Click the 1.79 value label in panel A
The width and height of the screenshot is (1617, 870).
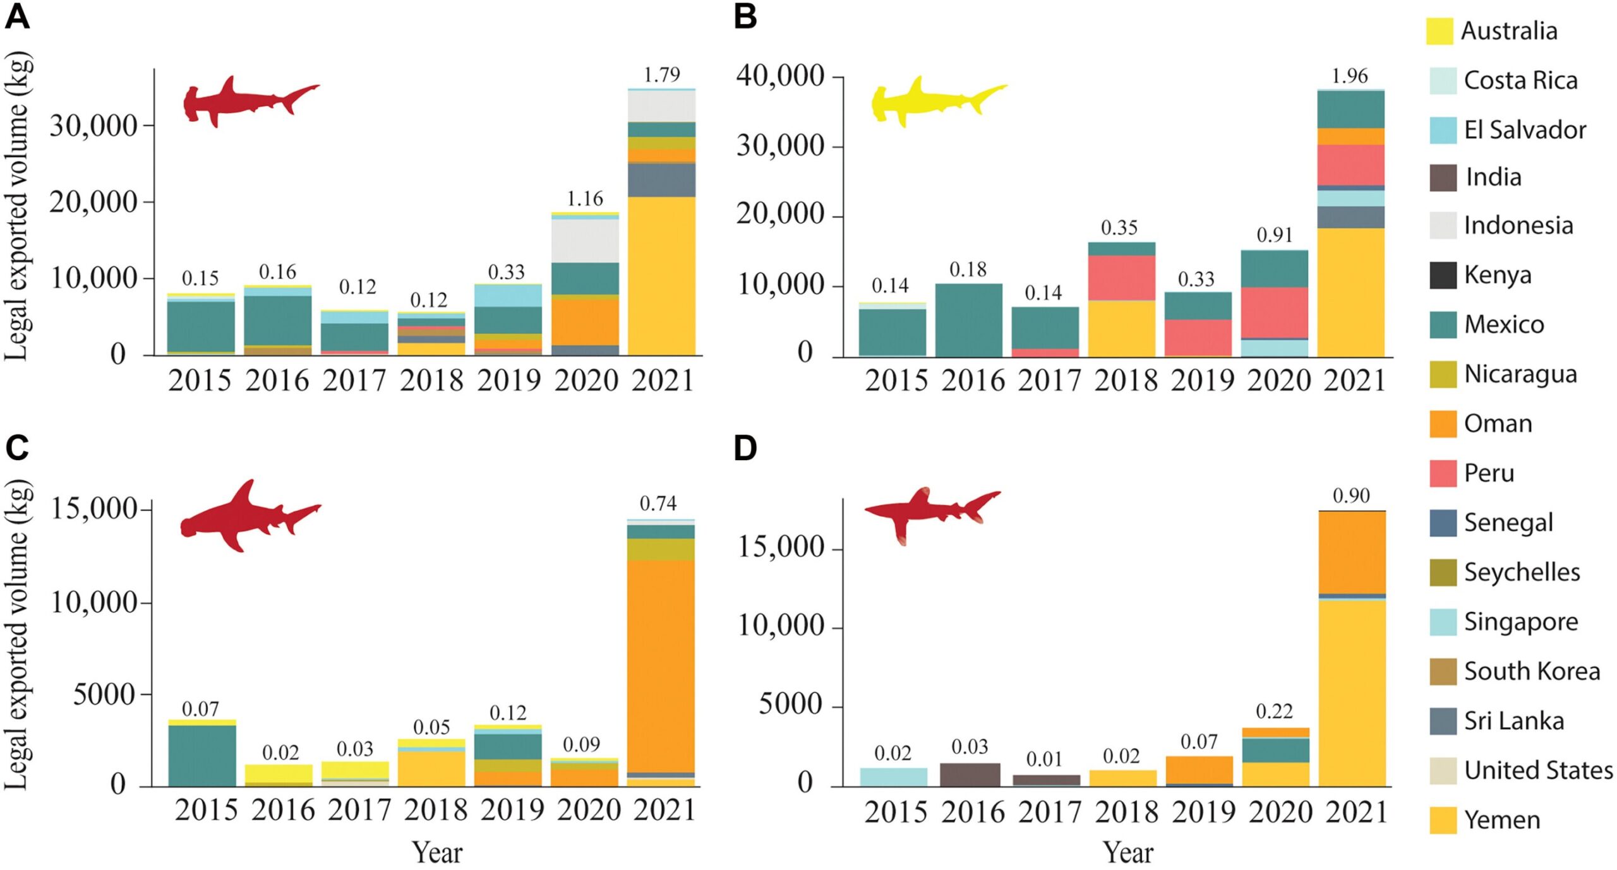coord(661,75)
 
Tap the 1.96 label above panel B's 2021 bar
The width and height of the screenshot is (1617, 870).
coord(1350,76)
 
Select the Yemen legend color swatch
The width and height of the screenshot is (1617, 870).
coord(1443,820)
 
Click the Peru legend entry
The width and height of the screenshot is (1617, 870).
coord(1489,473)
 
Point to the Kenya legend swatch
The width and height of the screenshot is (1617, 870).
coord(1443,275)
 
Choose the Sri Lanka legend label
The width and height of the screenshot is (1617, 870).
coord(1514,720)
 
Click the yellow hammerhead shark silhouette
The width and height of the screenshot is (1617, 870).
coord(938,101)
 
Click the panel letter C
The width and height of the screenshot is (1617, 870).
coord(17,448)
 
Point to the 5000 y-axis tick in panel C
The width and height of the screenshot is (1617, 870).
coord(104,694)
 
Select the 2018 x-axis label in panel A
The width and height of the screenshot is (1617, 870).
coord(431,380)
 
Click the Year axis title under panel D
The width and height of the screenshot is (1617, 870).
coord(1128,852)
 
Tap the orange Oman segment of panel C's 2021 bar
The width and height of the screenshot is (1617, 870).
coord(661,663)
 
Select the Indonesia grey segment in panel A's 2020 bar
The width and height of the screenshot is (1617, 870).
coord(585,240)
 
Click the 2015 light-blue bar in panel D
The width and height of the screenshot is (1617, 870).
coord(893,777)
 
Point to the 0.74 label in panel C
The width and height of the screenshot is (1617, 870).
coord(658,503)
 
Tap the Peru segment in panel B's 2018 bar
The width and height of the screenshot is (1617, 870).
coord(1122,278)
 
